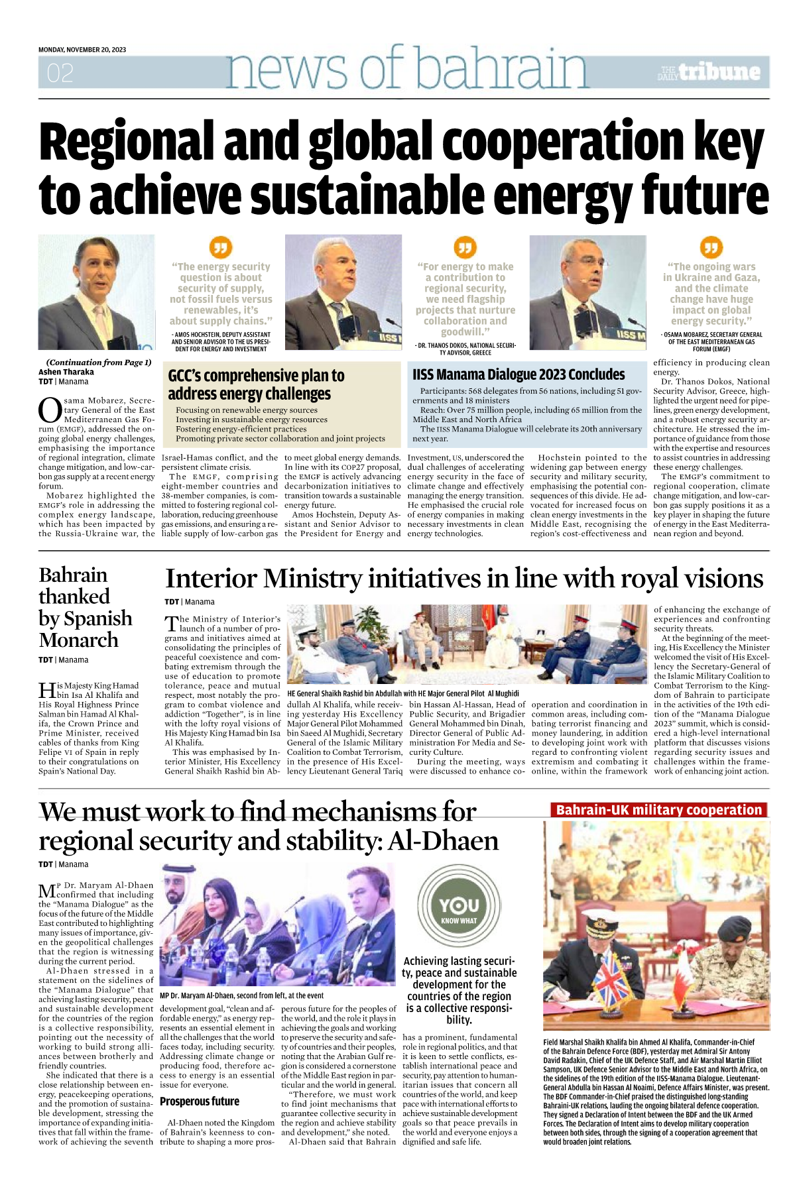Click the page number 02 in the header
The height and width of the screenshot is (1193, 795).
pyautogui.click(x=60, y=72)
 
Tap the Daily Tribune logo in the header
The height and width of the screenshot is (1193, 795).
pyautogui.click(x=709, y=72)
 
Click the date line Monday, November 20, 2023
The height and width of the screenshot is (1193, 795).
pyautogui.click(x=82, y=50)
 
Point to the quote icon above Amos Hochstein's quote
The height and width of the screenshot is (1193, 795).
pyautogui.click(x=220, y=248)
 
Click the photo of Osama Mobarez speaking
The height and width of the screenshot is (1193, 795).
pyautogui.click(x=587, y=292)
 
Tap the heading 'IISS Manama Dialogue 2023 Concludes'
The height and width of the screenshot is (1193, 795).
pyautogui.click(x=519, y=374)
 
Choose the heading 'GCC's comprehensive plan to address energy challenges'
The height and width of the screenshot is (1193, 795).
pyautogui.click(x=256, y=384)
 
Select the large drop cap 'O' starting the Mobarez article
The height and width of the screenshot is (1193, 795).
pyautogui.click(x=50, y=410)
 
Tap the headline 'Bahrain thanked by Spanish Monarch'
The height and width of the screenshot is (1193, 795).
pyautogui.click(x=85, y=607)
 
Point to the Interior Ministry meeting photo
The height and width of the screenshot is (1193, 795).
pyautogui.click(x=466, y=644)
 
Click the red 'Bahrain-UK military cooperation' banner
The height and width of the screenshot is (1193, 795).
pyautogui.click(x=658, y=810)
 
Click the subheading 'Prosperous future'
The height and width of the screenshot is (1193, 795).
pyautogui.click(x=200, y=1101)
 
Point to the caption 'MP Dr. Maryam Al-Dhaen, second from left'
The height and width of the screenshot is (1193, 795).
pyautogui.click(x=241, y=995)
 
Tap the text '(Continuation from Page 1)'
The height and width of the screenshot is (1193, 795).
pyautogui.click(x=98, y=363)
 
